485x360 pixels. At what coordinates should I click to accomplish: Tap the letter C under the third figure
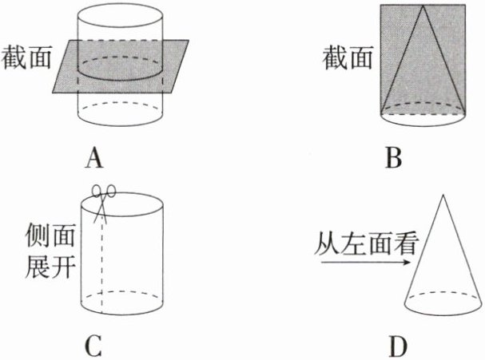point(94,346)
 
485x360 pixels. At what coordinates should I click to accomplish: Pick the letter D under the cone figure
point(397,346)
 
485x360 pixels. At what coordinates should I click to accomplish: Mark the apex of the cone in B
point(423,6)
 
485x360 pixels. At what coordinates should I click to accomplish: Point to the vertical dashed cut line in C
point(102,263)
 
